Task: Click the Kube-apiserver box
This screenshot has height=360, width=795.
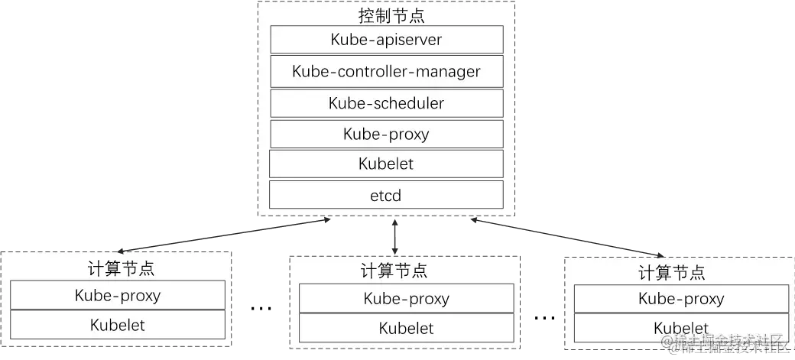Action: coord(386,40)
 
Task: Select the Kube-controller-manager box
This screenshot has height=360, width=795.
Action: coord(386,72)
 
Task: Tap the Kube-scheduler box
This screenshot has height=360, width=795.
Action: coord(386,103)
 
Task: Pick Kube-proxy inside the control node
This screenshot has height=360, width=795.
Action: coord(386,135)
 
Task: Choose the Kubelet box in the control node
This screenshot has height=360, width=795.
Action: coord(386,164)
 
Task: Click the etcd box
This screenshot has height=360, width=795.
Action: coord(386,196)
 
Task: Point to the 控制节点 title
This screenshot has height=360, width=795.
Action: coord(386,15)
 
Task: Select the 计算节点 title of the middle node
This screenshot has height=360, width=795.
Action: coord(393,271)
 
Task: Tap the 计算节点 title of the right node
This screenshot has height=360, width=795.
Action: coord(671,272)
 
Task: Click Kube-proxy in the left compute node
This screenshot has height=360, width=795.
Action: coord(118,295)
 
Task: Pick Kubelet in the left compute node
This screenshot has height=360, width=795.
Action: coord(118,326)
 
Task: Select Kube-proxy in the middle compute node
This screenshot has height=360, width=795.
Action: coord(406,299)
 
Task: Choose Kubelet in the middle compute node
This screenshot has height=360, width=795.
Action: coord(406,329)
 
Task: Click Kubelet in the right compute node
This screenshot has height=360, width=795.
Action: coord(680,327)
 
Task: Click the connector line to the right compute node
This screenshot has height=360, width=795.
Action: coord(566,235)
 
